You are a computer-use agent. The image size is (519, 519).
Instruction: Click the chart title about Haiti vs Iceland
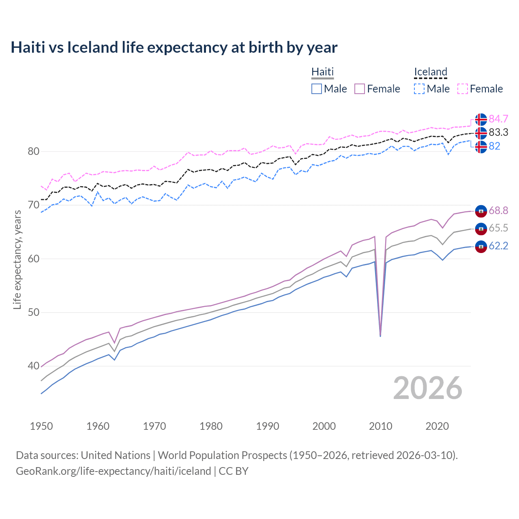(x=174, y=47)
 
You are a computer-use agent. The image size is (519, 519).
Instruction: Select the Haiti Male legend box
(x=317, y=89)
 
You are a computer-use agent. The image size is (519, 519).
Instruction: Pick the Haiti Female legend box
(x=360, y=89)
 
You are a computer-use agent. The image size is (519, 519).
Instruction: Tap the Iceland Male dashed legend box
(x=419, y=89)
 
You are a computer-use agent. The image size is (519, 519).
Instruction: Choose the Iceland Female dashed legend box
(x=463, y=89)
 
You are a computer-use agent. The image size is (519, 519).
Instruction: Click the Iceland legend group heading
(x=430, y=72)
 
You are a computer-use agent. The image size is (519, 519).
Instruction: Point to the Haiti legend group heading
(x=322, y=72)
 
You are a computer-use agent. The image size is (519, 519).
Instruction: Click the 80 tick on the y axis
(x=33, y=152)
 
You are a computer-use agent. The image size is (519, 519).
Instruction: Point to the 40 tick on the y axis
(x=33, y=366)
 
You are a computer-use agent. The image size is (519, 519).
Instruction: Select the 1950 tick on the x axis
(x=41, y=426)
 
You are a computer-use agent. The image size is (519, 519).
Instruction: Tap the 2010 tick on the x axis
(x=380, y=426)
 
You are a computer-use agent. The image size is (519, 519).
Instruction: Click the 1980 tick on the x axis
(x=211, y=426)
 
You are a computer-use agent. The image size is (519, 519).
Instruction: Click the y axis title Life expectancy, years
(x=17, y=259)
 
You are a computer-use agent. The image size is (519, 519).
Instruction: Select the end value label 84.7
(x=498, y=119)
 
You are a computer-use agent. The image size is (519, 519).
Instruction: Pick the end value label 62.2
(x=498, y=246)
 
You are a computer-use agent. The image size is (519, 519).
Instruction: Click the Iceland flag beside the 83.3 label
(x=481, y=133)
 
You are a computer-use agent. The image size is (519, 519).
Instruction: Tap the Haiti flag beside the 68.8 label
(x=481, y=211)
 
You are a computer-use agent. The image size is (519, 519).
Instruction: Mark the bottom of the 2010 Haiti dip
(x=380, y=336)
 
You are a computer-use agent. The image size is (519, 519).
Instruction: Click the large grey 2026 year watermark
(x=428, y=388)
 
